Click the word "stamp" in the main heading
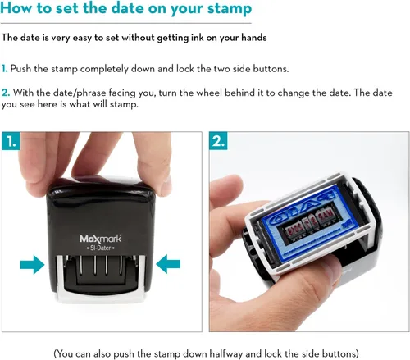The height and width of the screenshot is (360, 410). [229, 9]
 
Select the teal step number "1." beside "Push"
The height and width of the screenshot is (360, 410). [4, 68]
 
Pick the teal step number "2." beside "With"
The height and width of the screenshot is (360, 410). [6, 93]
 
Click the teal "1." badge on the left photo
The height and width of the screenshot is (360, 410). [11, 141]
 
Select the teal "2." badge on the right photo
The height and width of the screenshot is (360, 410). [218, 141]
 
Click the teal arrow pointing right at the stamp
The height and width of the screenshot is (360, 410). [32, 264]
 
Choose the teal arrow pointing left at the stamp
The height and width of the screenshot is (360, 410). [168, 264]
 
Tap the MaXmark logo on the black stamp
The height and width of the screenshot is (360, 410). [101, 239]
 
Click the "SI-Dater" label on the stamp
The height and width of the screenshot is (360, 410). [101, 248]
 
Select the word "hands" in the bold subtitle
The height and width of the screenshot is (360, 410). [254, 38]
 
